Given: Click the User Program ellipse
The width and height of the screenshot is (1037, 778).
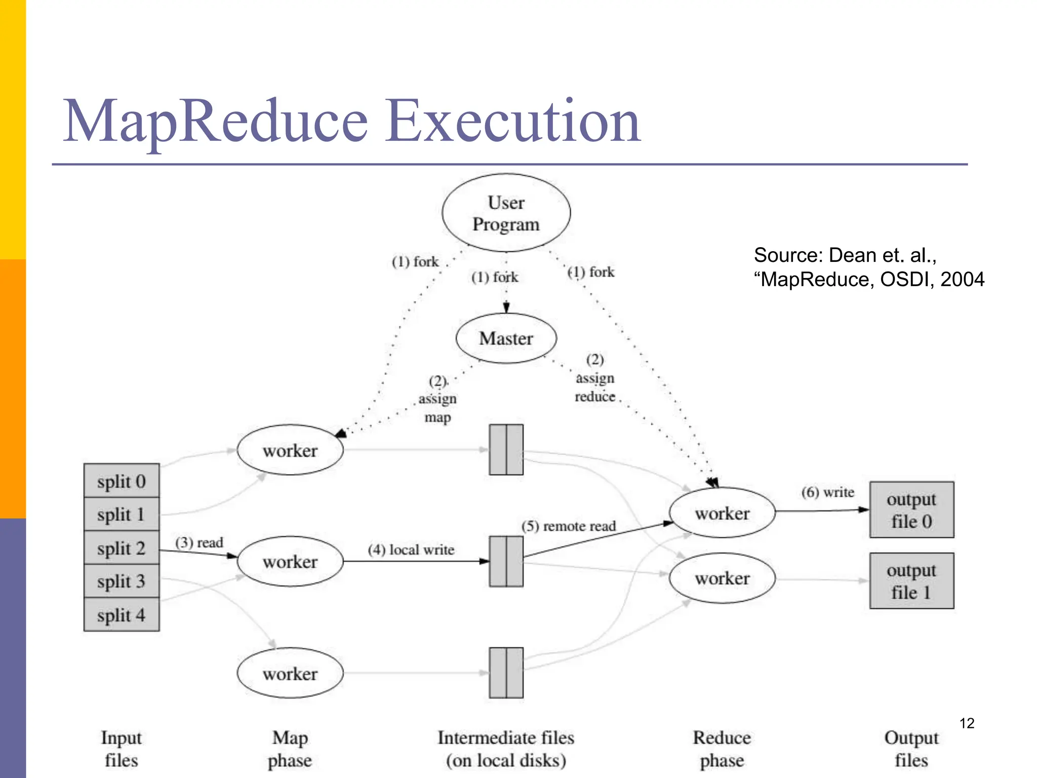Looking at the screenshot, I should click(x=506, y=213).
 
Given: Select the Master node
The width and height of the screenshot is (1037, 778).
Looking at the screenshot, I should click(x=506, y=338).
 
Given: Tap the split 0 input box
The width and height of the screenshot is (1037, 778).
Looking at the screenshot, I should click(x=122, y=481).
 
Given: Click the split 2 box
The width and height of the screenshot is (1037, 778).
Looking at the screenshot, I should click(x=122, y=548).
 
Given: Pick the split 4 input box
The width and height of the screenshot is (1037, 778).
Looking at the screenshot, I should click(x=122, y=615).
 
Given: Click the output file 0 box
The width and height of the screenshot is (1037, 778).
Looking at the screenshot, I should click(x=911, y=510).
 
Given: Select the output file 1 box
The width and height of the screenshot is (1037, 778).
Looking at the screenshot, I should click(x=911, y=580).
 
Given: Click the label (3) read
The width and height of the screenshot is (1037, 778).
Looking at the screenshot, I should click(x=199, y=542).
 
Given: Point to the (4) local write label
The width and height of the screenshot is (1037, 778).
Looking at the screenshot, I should click(x=411, y=550).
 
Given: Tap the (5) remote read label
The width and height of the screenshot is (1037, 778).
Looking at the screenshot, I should click(x=569, y=526).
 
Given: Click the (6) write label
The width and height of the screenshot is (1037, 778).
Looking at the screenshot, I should click(x=827, y=492).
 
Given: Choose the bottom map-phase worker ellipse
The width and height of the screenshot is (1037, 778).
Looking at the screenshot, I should click(x=290, y=673).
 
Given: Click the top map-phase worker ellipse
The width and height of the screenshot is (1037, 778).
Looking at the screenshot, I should click(x=290, y=450).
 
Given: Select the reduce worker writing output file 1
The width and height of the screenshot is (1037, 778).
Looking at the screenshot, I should click(x=722, y=578).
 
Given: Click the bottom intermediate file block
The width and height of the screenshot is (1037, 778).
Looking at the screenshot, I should click(x=506, y=673).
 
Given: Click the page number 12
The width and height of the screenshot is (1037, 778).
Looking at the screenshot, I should click(x=967, y=723).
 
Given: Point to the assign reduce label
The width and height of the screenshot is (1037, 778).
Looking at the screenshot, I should click(x=595, y=387).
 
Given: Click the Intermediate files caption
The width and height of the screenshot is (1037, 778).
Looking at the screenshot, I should click(x=506, y=749).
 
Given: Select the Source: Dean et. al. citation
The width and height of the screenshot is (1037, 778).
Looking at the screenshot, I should click(x=868, y=267).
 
